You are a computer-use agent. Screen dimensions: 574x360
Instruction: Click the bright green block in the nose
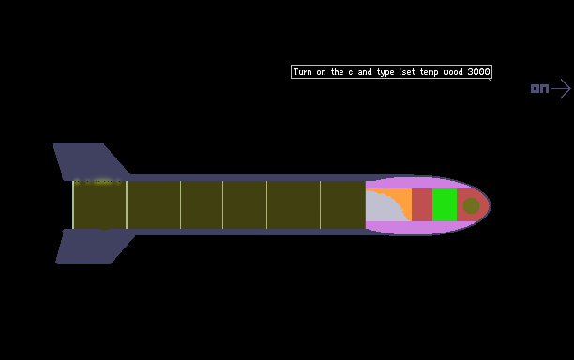(x=445, y=205)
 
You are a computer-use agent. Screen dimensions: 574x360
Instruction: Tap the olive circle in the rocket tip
(x=471, y=205)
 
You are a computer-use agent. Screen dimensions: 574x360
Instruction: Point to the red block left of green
(x=422, y=205)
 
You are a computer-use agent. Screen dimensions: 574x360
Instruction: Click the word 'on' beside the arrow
(x=539, y=88)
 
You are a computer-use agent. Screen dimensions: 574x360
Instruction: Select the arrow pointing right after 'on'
(x=561, y=88)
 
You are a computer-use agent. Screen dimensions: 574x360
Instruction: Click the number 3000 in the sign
(x=478, y=71)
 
